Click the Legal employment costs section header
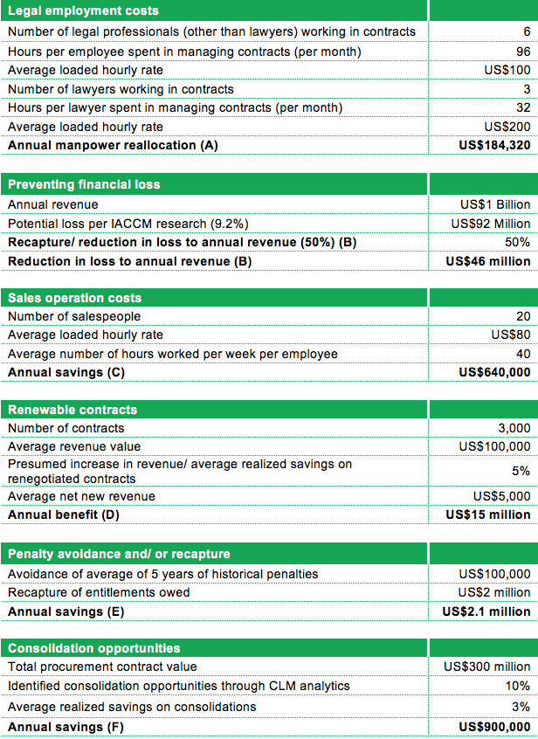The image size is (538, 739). point(84,11)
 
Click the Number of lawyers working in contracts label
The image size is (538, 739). point(121,89)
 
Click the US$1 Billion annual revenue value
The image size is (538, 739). point(495,204)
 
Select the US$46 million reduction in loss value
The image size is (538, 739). point(487,261)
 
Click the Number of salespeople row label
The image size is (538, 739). point(74,316)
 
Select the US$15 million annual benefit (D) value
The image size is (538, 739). point(487,515)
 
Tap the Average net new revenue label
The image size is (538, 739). point(81,496)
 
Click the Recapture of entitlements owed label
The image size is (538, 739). point(99,593)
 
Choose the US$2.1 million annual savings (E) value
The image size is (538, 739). point(486,611)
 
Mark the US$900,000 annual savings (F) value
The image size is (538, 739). point(494,727)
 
